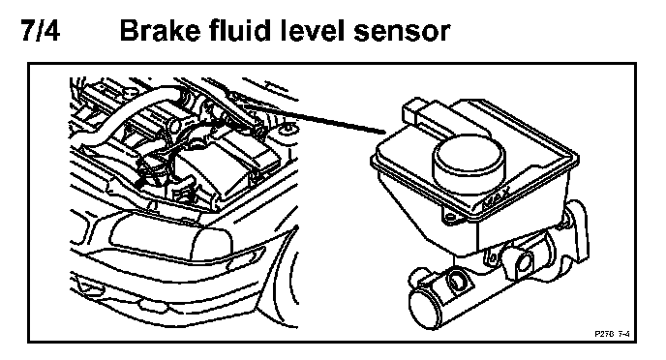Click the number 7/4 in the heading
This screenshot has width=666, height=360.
point(41,30)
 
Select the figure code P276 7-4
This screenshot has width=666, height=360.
point(612,334)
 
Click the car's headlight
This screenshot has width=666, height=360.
point(170,238)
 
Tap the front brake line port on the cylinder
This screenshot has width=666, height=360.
point(458,281)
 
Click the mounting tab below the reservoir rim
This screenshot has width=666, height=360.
point(451,216)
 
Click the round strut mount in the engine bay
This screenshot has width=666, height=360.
point(288,128)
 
